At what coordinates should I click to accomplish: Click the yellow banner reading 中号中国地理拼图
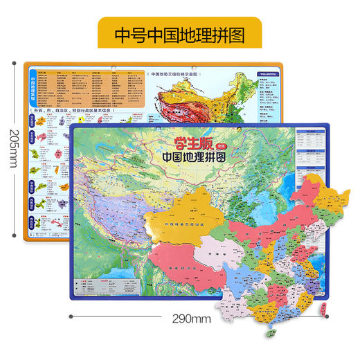180,33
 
